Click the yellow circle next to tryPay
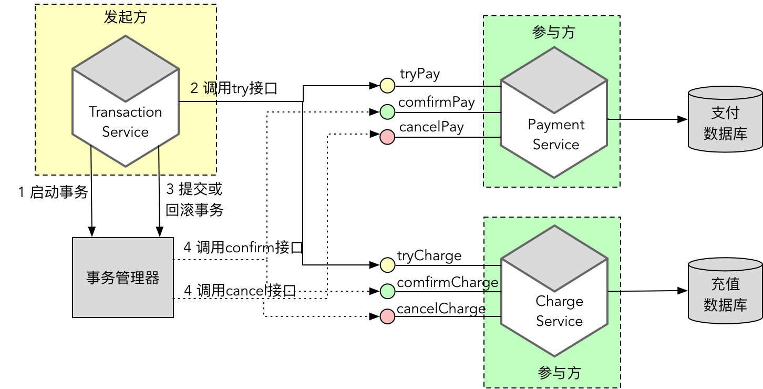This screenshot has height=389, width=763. pos(387,85)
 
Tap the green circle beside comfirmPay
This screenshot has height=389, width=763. pos(387,111)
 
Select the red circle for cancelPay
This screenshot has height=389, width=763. pos(387,137)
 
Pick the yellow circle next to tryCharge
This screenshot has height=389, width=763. pos(387,265)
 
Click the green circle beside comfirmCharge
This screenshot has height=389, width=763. pos(387,291)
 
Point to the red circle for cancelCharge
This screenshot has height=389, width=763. pos(387,316)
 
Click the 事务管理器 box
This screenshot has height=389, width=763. pos(123,278)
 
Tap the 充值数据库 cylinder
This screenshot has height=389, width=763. pos(725,291)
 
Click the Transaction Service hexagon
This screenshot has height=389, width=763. pos(126,101)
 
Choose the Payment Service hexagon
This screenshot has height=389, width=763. pos(554,112)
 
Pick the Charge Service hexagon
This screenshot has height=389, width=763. pos(554,291)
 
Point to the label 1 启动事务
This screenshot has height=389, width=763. pos(53,192)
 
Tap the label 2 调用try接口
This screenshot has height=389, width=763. pos(233,88)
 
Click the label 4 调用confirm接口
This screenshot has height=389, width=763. pos(243,248)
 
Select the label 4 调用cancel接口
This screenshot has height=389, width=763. pos(240,290)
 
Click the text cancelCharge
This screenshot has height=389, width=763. pos(440,309)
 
